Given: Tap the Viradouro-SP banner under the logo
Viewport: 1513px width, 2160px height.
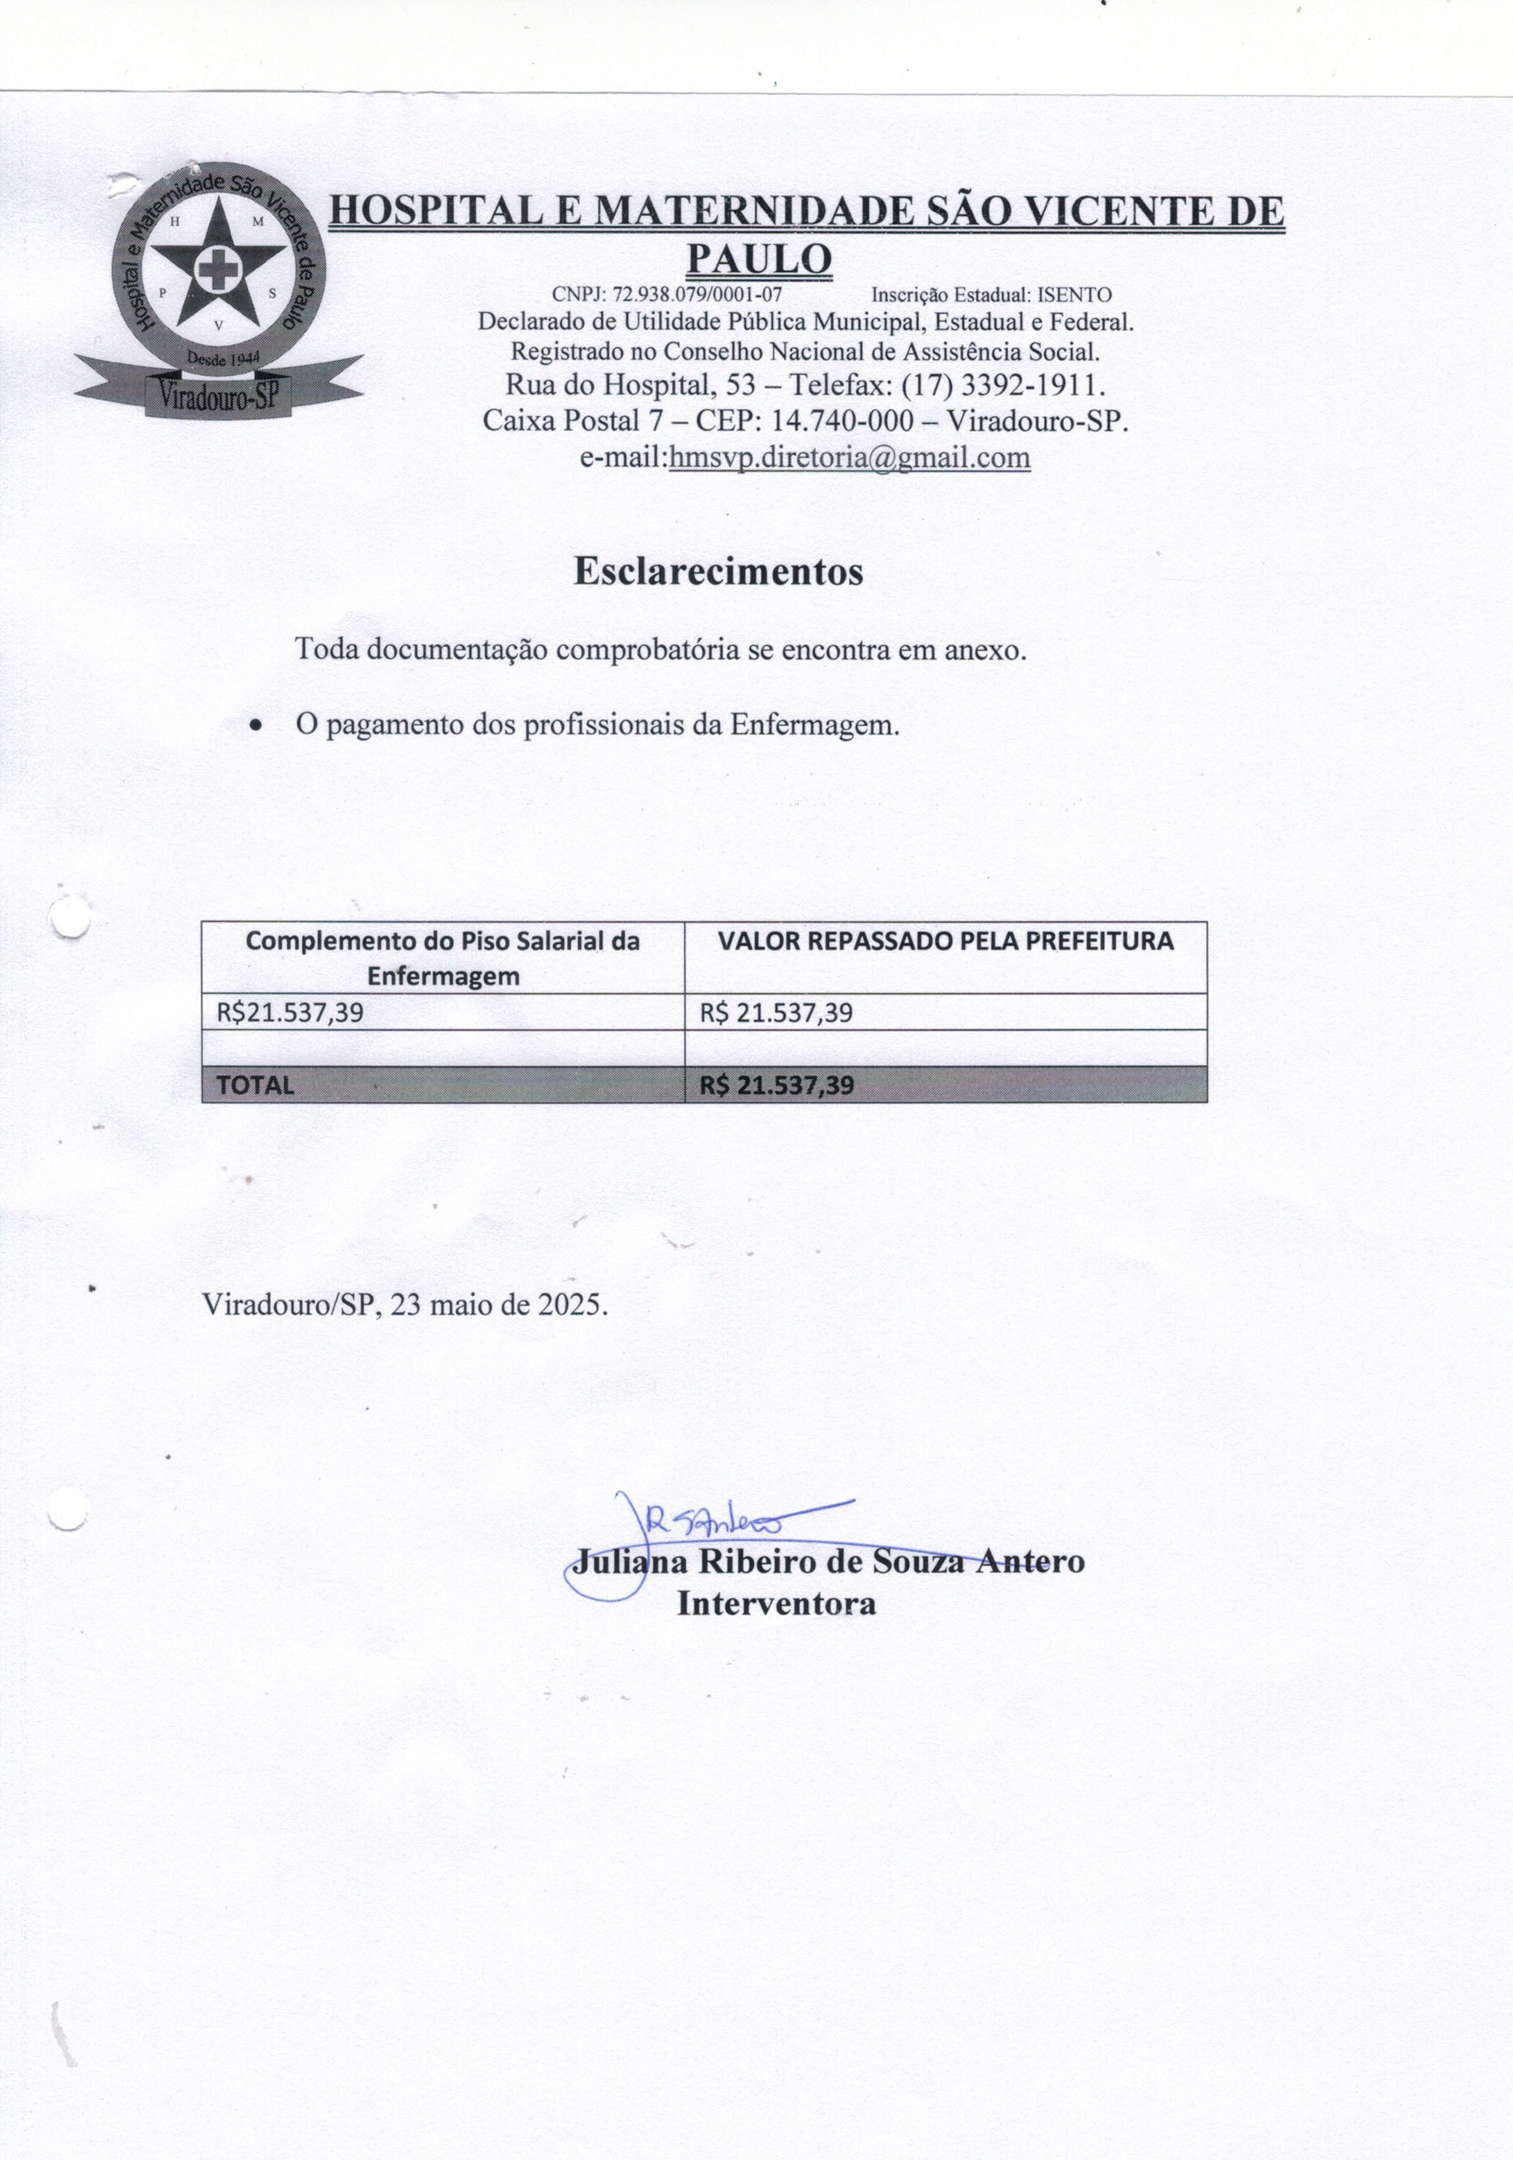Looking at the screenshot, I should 218,396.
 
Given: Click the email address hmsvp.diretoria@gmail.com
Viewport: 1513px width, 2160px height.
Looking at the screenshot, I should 849,458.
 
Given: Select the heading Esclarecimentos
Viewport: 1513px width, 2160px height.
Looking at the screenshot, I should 719,572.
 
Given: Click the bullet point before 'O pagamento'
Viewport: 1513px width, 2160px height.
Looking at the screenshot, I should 256,726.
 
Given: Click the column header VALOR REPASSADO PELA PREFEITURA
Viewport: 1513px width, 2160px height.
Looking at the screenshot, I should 945,941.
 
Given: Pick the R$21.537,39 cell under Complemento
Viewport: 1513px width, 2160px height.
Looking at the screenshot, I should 291,1012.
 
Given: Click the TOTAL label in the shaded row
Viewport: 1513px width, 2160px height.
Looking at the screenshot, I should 255,1085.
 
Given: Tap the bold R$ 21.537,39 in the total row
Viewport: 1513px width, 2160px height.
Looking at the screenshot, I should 777,1085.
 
